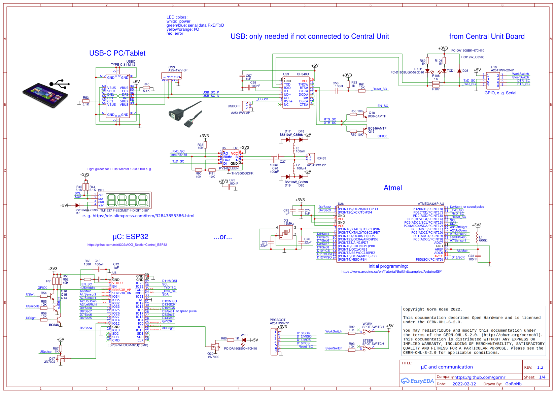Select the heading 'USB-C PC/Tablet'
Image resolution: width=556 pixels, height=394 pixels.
tap(117, 53)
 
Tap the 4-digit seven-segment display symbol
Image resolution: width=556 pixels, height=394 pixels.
tap(128, 200)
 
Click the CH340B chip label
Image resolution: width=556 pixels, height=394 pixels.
tap(303, 74)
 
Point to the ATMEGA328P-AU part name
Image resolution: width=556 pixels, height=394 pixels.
tap(430, 204)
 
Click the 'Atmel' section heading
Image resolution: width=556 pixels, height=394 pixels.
tap(392, 188)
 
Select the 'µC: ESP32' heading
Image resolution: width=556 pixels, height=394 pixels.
tap(130, 237)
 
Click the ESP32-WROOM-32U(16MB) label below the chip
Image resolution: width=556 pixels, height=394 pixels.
tap(128, 345)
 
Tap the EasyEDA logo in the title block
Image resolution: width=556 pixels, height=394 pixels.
tap(417, 381)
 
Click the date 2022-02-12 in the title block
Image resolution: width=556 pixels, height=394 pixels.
tap(464, 384)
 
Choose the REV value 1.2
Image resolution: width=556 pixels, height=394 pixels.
tap(540, 367)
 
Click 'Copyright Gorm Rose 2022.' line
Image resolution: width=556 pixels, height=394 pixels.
tap(432, 309)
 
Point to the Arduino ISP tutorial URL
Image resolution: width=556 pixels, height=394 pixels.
tap(391, 271)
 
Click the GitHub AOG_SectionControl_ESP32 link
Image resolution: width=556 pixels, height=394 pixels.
tap(127, 245)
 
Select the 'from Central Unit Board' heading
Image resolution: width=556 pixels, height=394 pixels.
tap(486, 36)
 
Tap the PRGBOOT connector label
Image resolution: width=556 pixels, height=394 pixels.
tap(277, 320)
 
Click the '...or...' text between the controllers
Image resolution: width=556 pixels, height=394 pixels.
tap(222, 237)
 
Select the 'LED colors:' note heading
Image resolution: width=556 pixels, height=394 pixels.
tap(177, 17)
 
